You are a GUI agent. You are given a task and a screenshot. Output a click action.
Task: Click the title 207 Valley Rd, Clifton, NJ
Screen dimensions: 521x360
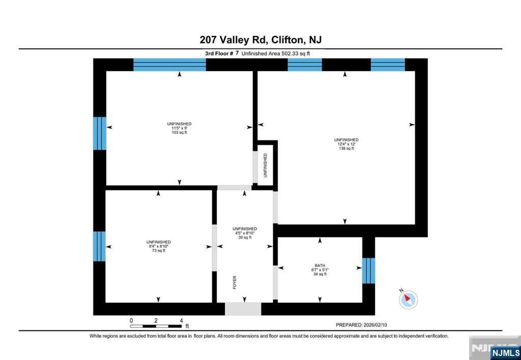point(260,40)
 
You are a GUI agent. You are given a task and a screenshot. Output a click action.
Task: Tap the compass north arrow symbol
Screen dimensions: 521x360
point(408,299)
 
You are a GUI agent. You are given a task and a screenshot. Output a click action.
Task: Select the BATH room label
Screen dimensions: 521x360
point(320,266)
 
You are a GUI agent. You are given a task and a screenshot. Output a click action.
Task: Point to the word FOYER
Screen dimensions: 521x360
point(235,282)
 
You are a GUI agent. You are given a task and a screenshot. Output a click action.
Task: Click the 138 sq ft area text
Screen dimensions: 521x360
point(346,148)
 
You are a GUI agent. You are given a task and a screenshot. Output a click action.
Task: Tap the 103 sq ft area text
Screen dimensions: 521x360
point(179,133)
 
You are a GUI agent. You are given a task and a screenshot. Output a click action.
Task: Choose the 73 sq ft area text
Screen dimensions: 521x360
point(159,250)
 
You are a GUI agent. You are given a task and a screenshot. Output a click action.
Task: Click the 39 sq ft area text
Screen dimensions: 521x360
point(245,237)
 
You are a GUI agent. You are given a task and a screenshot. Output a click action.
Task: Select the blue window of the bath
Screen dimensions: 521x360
point(368,271)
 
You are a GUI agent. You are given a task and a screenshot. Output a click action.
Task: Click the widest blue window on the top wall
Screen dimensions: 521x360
point(169,65)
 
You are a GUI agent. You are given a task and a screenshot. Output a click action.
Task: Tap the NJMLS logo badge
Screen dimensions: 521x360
point(505,352)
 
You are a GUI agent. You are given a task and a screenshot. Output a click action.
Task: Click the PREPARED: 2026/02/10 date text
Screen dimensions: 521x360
point(366,325)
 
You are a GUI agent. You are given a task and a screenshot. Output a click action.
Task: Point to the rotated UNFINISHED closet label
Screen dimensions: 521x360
point(265,165)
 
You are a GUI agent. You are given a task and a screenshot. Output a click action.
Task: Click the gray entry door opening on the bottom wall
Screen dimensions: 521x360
point(243,309)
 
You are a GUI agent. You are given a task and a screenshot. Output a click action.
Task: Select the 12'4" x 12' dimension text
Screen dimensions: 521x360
point(346,144)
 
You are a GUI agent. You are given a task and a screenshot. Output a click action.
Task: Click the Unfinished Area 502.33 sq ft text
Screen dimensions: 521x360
point(275,53)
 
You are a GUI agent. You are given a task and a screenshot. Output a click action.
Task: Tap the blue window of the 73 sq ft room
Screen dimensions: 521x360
point(99,247)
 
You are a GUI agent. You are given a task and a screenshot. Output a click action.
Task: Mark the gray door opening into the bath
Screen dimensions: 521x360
point(275,282)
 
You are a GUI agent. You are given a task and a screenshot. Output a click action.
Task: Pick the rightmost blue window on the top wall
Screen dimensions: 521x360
point(388,65)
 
